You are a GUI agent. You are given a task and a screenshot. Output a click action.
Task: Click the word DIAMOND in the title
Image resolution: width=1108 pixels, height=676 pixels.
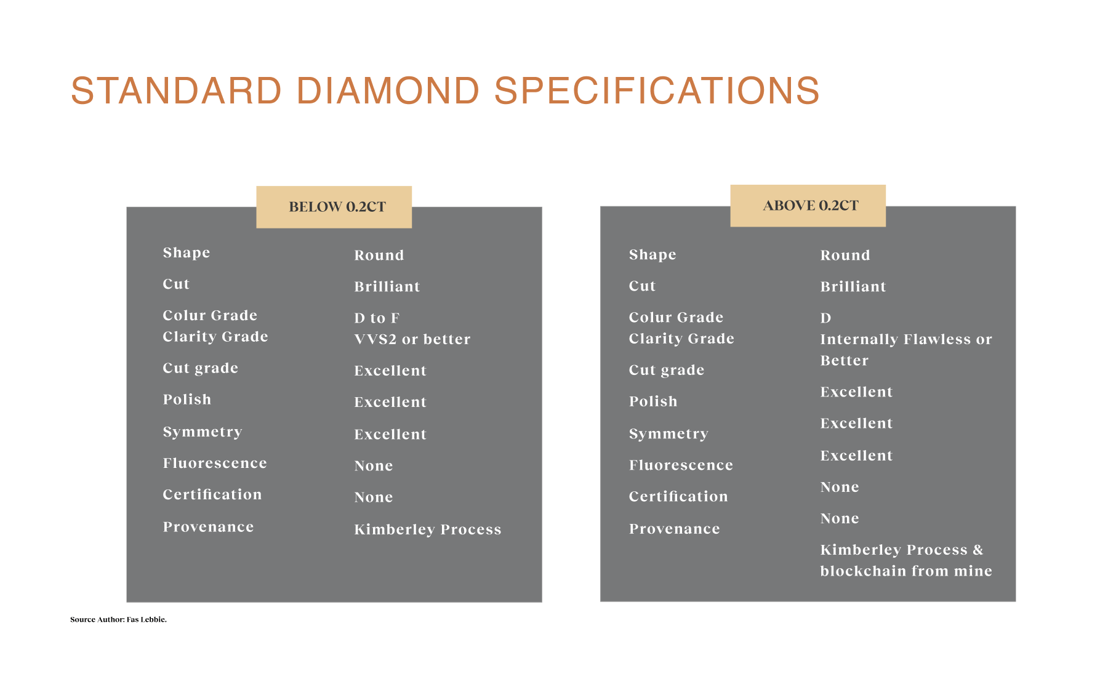pyautogui.click(x=388, y=91)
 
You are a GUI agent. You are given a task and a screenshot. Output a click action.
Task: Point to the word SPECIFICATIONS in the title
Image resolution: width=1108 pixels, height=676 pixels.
pyautogui.click(x=657, y=91)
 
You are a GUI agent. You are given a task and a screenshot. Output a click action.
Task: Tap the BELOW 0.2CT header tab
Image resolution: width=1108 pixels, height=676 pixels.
pyautogui.click(x=334, y=207)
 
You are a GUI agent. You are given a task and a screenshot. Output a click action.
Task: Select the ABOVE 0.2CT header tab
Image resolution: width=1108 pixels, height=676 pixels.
pyautogui.click(x=808, y=206)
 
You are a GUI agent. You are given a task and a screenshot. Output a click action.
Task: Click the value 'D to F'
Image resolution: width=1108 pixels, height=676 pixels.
pyautogui.click(x=377, y=318)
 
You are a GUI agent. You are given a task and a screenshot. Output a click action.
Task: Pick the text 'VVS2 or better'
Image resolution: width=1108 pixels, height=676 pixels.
pyautogui.click(x=412, y=339)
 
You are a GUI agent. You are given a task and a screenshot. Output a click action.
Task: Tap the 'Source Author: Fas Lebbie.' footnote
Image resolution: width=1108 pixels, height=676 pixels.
pyautogui.click(x=118, y=619)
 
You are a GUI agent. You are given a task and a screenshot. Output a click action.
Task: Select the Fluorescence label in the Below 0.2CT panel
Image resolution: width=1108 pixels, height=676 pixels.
pyautogui.click(x=215, y=463)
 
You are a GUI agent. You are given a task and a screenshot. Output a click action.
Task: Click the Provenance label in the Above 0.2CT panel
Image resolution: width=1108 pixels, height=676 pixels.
pyautogui.click(x=675, y=529)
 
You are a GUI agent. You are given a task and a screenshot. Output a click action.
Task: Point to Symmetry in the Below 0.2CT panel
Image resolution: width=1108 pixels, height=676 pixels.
pyautogui.click(x=203, y=432)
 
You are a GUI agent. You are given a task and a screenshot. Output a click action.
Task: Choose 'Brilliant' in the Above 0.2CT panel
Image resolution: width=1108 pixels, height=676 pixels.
pyautogui.click(x=853, y=286)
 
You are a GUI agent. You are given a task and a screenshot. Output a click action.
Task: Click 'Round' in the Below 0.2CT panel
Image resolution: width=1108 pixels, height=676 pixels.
pyautogui.click(x=379, y=255)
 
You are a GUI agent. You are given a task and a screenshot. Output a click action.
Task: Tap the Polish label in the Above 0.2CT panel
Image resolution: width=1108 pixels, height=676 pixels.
pyautogui.click(x=653, y=401)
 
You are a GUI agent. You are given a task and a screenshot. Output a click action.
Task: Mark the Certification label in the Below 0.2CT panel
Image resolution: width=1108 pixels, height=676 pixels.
pyautogui.click(x=212, y=494)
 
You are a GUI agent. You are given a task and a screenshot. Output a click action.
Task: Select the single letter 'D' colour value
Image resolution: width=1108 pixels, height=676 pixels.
pyautogui.click(x=826, y=318)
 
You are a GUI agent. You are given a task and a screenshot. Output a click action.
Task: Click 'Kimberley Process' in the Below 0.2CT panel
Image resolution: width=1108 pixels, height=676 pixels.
pyautogui.click(x=428, y=529)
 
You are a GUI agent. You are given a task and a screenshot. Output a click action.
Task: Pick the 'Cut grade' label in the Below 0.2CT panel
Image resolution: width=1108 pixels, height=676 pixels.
pyautogui.click(x=200, y=368)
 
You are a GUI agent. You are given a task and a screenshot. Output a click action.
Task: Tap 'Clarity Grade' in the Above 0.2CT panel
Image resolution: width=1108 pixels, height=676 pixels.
pyautogui.click(x=681, y=339)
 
